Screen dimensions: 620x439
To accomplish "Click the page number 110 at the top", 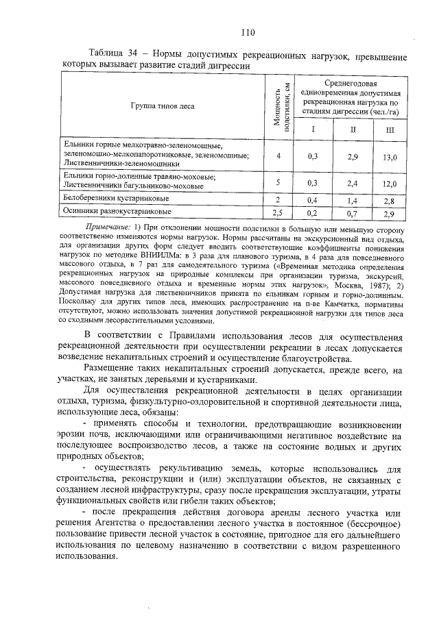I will [x=248, y=32].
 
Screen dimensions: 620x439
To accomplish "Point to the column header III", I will [x=390, y=129].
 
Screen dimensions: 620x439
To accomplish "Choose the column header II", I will [x=353, y=129].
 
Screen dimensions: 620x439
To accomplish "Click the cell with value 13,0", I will [x=390, y=157].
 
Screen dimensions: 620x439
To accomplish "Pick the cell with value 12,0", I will [x=390, y=184].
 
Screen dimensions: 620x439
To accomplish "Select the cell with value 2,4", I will [x=353, y=184].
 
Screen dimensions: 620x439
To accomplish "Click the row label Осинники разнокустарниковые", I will [x=110, y=212].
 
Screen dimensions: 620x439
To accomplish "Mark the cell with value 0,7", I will [x=353, y=213].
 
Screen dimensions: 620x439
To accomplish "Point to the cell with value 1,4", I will [x=353, y=200].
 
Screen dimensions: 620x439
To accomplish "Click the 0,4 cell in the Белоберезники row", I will [x=313, y=200].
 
